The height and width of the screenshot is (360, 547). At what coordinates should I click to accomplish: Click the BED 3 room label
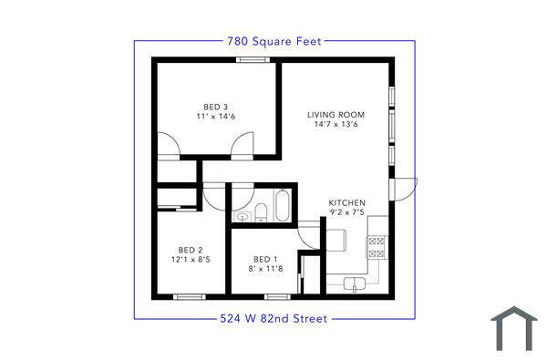point(214,107)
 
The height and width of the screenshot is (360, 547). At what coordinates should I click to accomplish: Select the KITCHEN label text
point(347,202)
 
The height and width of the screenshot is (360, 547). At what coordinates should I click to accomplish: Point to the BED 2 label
point(190,250)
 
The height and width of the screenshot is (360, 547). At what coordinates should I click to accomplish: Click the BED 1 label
point(265,258)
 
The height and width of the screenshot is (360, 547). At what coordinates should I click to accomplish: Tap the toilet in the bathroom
point(261,213)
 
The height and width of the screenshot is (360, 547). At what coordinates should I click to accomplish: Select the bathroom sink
point(243,215)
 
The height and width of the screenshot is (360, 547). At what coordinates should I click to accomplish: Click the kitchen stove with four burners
point(377,244)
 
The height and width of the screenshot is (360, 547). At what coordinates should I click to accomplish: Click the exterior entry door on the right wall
point(401,189)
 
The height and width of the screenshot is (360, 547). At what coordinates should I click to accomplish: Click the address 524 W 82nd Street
point(273,319)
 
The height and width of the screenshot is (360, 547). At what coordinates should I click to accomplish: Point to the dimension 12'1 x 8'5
point(190,260)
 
